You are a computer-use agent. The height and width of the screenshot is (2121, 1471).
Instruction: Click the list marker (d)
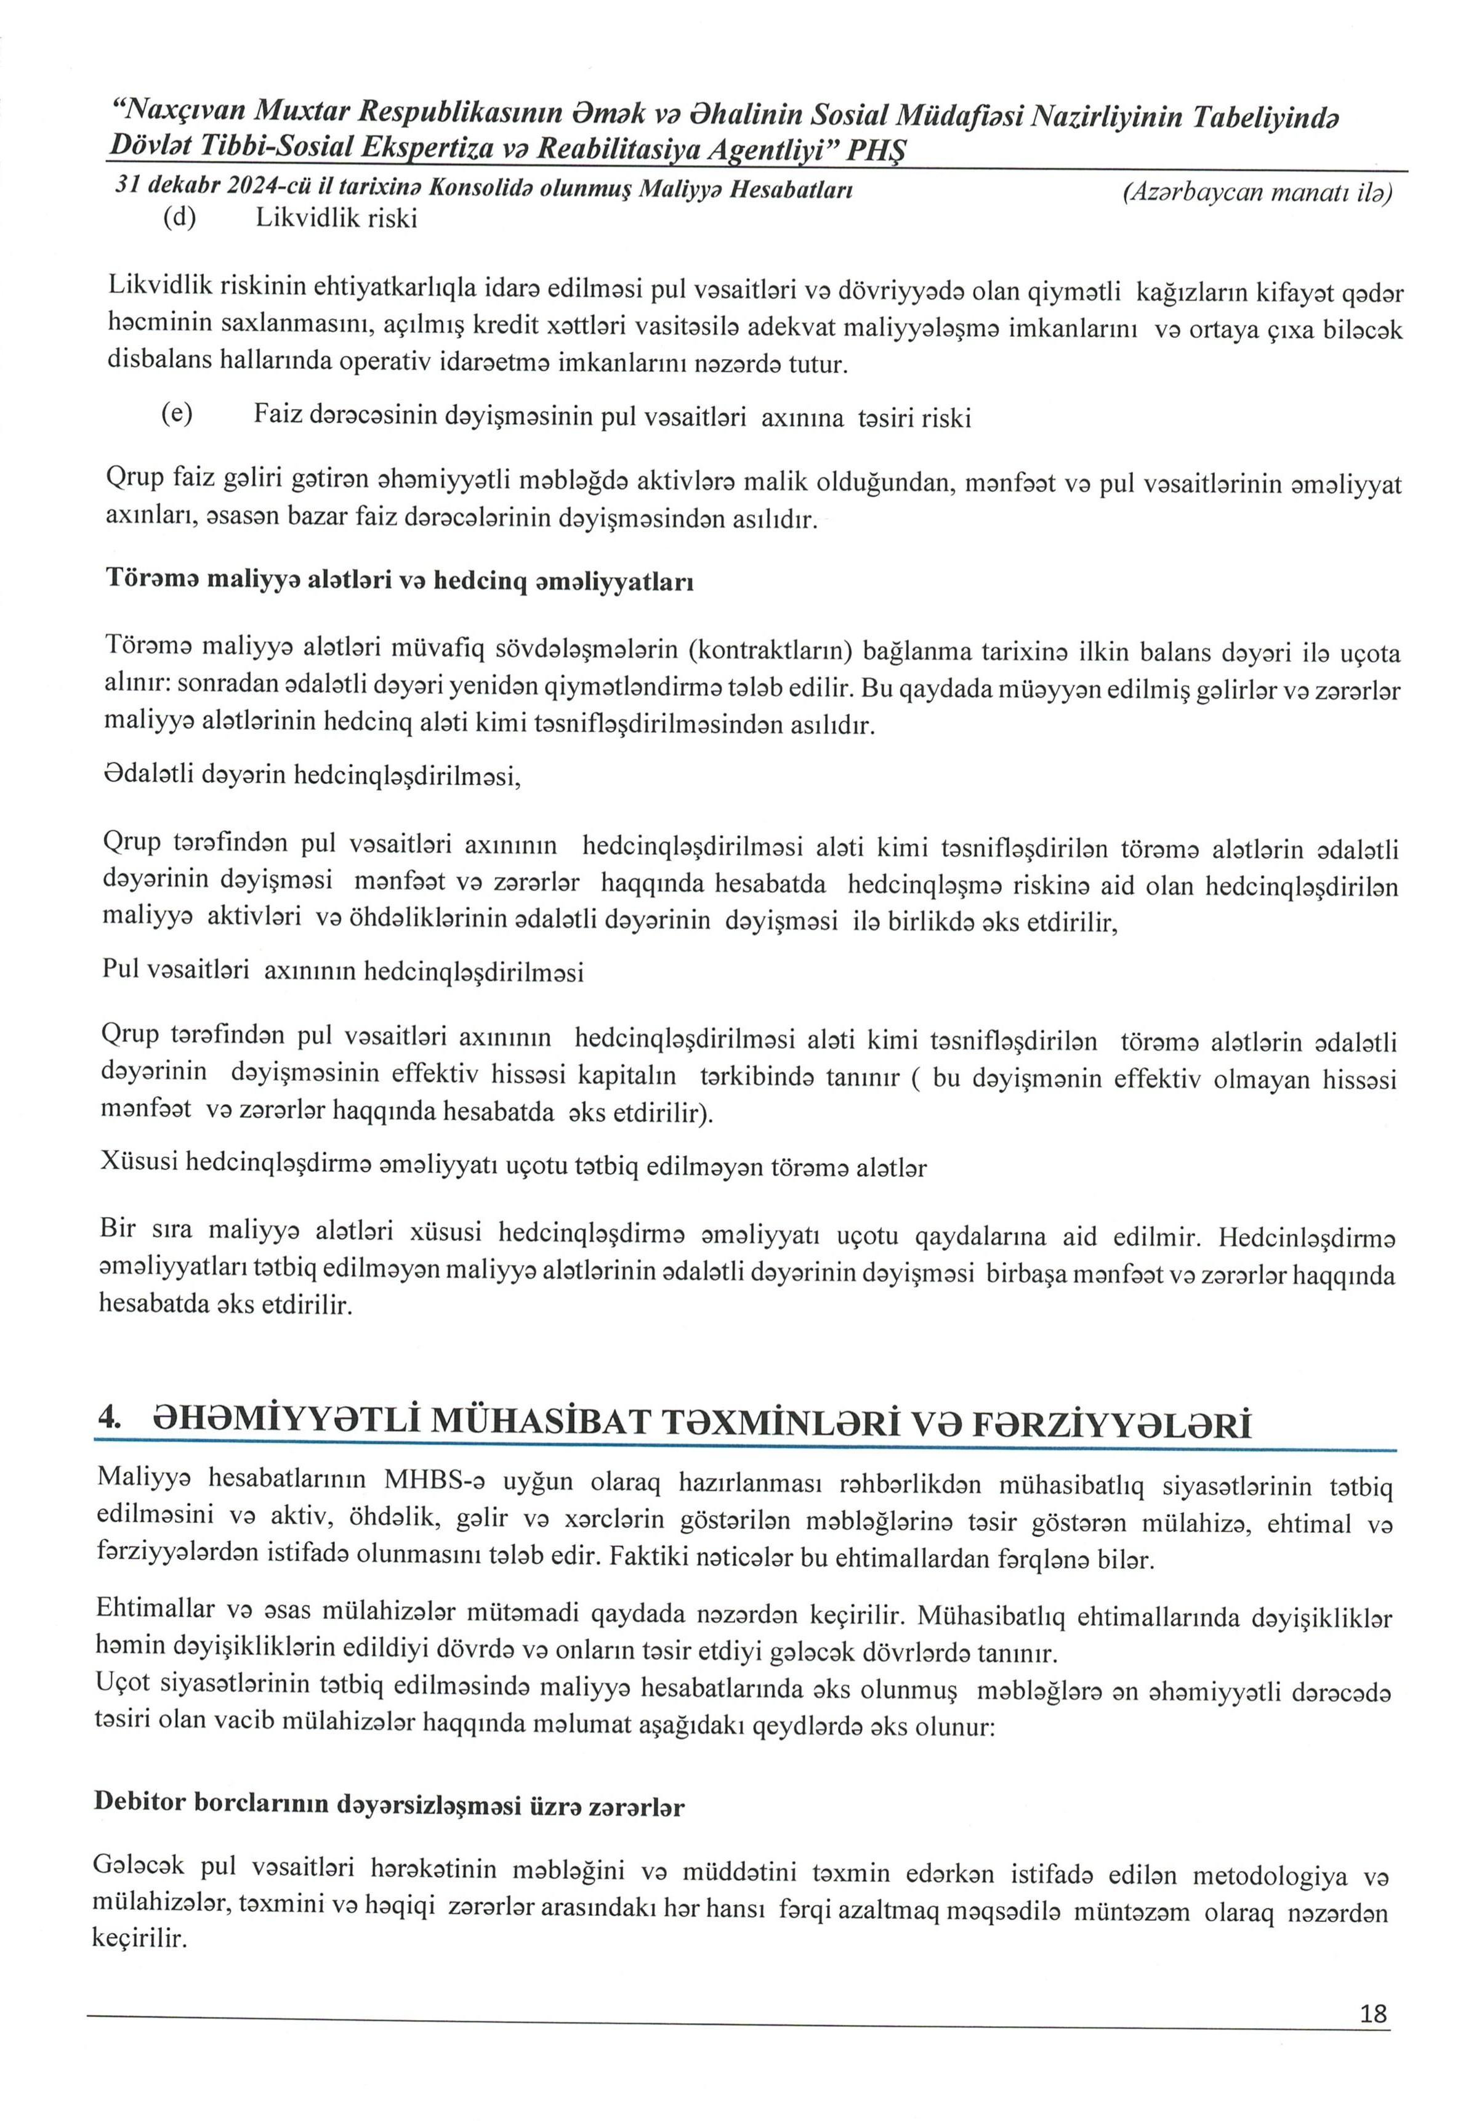click(x=180, y=219)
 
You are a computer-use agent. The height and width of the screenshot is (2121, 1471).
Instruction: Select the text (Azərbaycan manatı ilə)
click(x=1257, y=193)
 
